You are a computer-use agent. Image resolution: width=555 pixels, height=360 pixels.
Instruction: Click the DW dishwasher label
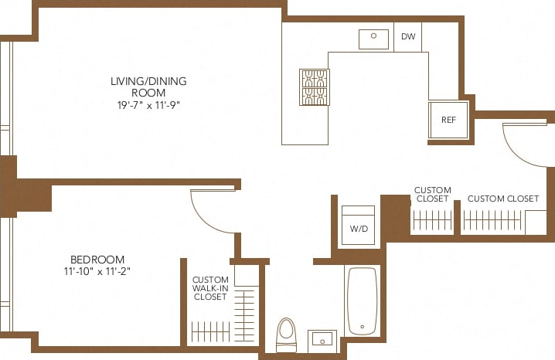coord(407,36)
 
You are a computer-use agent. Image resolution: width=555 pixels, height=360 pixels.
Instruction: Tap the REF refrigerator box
coord(449,120)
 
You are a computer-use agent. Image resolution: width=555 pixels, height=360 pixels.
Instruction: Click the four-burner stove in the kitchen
coord(314,87)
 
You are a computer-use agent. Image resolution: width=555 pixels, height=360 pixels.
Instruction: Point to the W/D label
coord(358,229)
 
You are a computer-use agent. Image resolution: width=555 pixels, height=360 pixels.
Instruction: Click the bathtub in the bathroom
coord(362,300)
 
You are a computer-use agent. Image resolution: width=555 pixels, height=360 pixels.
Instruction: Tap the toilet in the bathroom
coord(286,335)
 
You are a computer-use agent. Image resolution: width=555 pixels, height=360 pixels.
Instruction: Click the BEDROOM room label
coord(97,259)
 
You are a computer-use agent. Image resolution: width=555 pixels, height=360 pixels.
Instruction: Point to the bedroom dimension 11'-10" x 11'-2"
coord(97,272)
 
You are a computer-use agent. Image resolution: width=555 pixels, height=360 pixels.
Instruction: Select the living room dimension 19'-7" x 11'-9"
coord(148,104)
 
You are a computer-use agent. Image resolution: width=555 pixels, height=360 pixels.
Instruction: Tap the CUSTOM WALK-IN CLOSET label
coord(209,288)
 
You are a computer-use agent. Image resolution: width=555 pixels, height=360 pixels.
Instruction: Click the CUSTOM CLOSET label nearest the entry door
coord(502,199)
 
